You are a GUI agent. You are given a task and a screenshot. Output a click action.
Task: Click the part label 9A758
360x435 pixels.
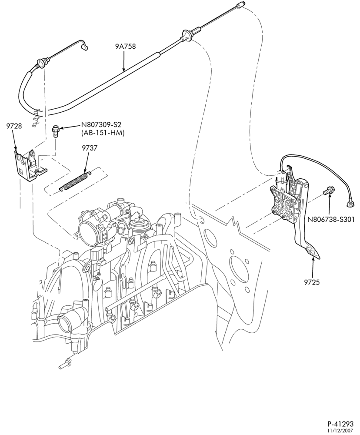point(125,47)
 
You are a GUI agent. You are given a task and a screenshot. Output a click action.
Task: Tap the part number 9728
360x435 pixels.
point(14,126)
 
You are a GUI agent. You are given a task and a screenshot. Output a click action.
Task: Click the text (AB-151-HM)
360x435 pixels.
point(103,133)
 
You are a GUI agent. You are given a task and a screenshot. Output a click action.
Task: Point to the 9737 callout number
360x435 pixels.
point(90,148)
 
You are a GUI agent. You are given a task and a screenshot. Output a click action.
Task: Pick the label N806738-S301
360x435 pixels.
point(330,220)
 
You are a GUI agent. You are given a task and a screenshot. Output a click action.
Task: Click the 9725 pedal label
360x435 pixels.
point(312,282)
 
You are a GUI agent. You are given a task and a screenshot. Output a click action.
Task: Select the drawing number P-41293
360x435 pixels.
point(340,424)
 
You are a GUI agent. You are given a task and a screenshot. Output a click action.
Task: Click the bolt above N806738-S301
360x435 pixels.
point(329,191)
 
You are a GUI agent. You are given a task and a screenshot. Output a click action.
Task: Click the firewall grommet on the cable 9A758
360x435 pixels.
point(186,36)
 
